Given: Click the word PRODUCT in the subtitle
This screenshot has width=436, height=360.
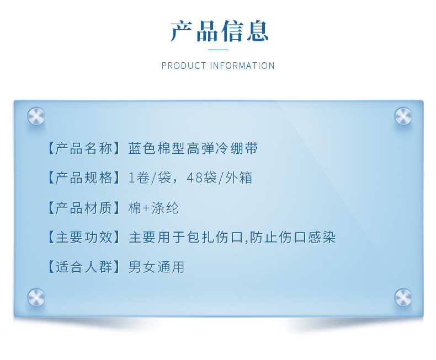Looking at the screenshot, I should (x=183, y=66).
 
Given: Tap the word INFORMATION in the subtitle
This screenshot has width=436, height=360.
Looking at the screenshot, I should (x=242, y=66).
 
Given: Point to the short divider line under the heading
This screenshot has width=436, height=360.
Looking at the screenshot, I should (x=219, y=50).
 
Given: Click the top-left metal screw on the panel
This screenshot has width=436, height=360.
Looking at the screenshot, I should (x=36, y=116).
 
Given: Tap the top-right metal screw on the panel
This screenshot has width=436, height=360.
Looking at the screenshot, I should (x=403, y=116).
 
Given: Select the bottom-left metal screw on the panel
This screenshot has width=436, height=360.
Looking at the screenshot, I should (x=36, y=297).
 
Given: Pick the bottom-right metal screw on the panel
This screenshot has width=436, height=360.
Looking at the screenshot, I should (x=403, y=297).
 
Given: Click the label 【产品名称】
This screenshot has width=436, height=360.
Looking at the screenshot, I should (x=83, y=148).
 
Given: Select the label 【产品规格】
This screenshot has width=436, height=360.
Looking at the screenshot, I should (x=83, y=178).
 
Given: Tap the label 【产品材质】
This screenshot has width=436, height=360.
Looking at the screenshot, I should (x=83, y=208).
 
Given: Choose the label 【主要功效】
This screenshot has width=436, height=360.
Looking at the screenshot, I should (x=83, y=238).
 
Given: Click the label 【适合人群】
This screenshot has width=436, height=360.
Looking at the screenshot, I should (x=83, y=267).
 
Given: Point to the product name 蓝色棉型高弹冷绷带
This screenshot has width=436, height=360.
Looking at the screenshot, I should (x=193, y=148).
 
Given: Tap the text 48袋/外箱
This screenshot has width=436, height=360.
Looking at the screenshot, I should (x=220, y=178).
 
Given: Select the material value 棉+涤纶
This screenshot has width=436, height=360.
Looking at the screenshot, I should (x=153, y=208).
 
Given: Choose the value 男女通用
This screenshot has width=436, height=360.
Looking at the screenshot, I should (x=156, y=267).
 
